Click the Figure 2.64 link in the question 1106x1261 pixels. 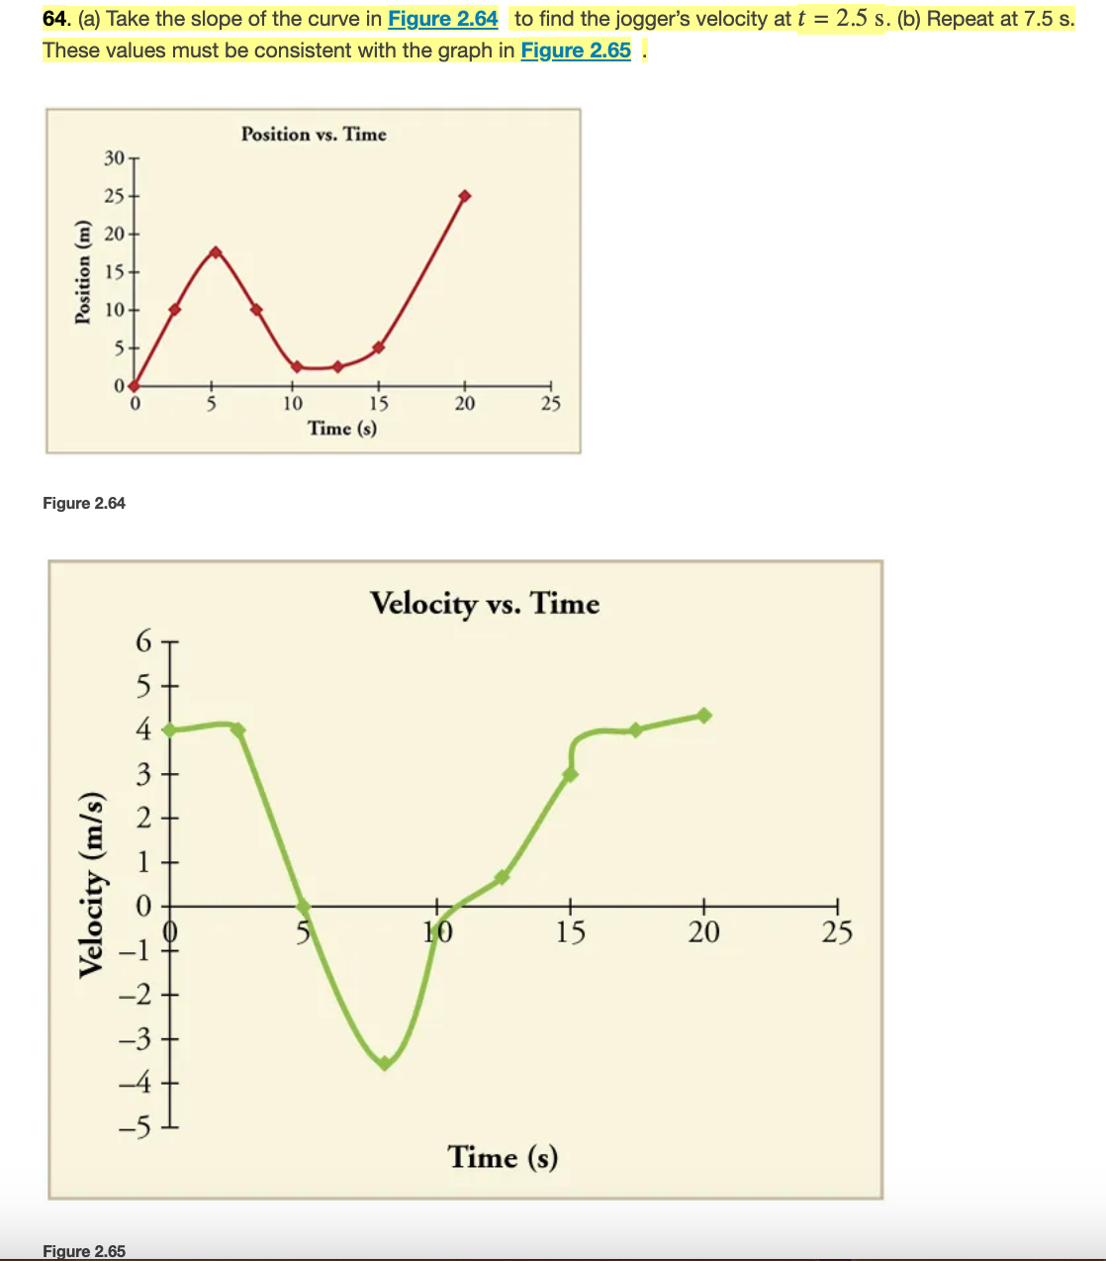[442, 19]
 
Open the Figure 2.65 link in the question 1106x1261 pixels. [575, 50]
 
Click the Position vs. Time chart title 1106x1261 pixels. [314, 135]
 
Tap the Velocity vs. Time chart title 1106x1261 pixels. [485, 603]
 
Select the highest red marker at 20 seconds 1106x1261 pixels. [465, 196]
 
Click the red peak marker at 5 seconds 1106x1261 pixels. [216, 251]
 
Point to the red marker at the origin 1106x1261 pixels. [134, 386]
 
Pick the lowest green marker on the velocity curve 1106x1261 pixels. [385, 1064]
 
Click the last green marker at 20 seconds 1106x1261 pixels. [704, 715]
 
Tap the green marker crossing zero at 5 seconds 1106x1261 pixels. [304, 906]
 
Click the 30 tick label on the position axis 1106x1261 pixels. [115, 158]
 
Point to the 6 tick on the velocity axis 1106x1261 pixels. [144, 642]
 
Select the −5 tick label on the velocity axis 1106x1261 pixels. [137, 1127]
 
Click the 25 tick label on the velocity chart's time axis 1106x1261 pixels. [837, 932]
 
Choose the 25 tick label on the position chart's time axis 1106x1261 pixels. [550, 404]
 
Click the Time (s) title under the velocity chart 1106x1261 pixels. [503, 1156]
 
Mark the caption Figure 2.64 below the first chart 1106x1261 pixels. [84, 503]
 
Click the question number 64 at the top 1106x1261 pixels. [56, 19]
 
